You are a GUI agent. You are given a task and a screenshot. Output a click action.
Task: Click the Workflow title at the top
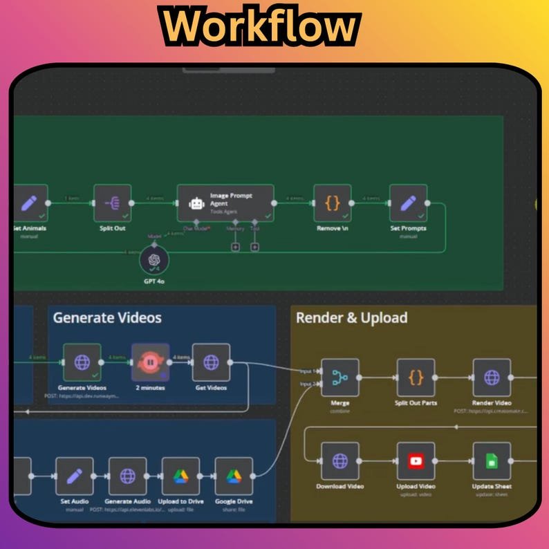[261, 27]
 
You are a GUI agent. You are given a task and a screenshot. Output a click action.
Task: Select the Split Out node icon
[112, 203]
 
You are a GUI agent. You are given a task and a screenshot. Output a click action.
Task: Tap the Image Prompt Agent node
[225, 203]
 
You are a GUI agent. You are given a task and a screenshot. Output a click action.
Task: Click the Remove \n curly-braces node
[333, 203]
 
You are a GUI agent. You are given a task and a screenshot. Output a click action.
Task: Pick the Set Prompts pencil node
[408, 203]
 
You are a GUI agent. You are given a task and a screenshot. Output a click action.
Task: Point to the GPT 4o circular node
[154, 261]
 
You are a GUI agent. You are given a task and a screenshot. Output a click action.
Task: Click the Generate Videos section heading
[107, 317]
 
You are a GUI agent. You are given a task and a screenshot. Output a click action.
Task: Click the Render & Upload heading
[351, 317]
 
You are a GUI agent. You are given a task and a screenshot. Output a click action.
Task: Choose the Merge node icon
[340, 378]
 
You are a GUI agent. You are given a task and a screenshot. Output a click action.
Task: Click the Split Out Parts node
[416, 378]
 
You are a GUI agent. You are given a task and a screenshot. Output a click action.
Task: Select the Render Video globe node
[492, 378]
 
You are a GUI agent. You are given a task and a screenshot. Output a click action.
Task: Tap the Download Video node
[340, 461]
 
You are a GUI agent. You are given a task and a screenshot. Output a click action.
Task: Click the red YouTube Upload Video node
[416, 461]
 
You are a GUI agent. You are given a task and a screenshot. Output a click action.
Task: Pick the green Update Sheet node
[492, 461]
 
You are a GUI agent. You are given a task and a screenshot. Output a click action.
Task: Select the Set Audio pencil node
[75, 476]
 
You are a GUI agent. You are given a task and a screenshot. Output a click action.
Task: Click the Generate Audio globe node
[128, 476]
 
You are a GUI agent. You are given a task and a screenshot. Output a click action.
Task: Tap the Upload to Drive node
[180, 476]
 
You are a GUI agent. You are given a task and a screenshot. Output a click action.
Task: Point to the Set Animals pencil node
[29, 203]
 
